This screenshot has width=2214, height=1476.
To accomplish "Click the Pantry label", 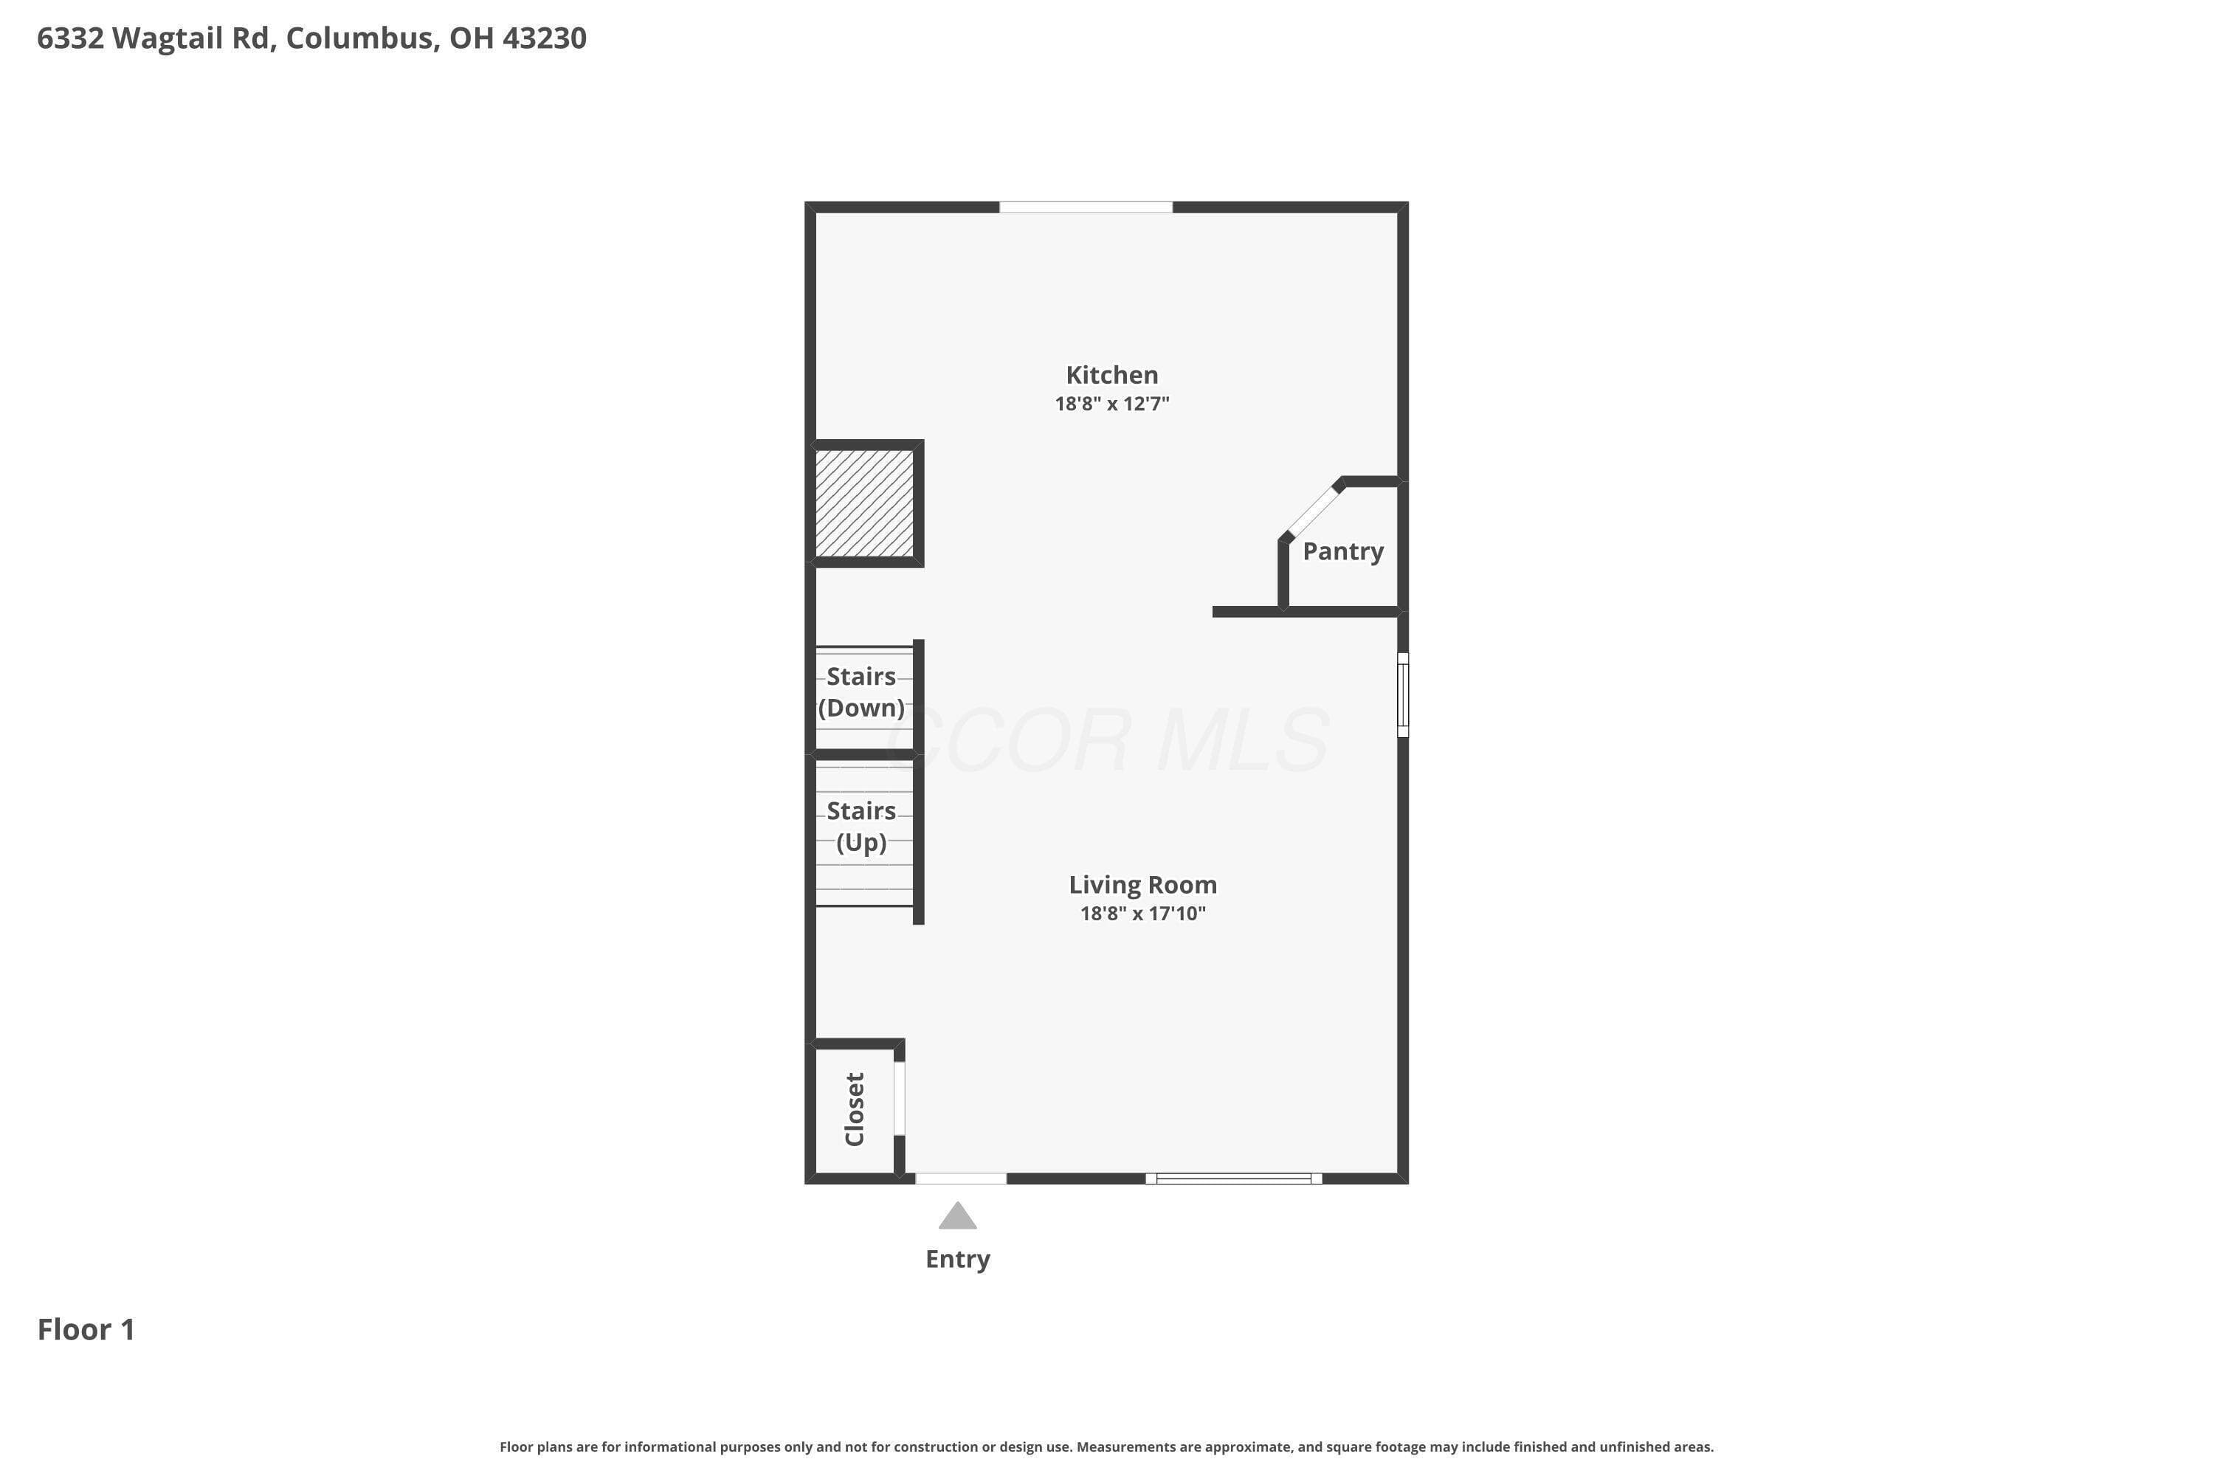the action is (x=1343, y=551).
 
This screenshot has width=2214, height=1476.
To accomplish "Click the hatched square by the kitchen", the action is (x=864, y=503).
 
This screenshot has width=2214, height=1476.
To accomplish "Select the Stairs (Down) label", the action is (x=861, y=692).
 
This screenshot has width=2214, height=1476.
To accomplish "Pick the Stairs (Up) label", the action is (x=861, y=827).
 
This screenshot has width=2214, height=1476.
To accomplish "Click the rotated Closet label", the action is (x=855, y=1109).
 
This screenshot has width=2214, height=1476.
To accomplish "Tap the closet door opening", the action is (x=899, y=1099).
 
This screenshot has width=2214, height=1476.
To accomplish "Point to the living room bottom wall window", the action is (x=1234, y=1179).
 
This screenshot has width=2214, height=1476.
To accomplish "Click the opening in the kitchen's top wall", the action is (x=1086, y=207).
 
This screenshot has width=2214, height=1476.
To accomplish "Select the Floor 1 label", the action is (x=86, y=1329).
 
